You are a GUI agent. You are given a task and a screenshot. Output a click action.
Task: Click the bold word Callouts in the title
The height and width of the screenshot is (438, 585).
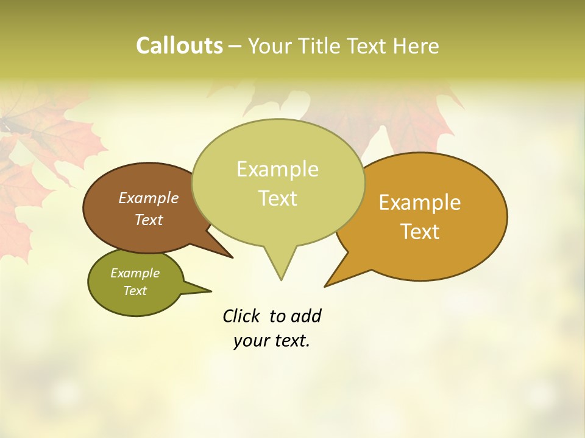(x=179, y=46)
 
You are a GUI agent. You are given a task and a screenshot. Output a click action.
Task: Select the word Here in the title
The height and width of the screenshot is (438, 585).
(x=417, y=46)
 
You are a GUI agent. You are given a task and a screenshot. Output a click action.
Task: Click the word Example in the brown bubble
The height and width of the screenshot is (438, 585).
(x=149, y=198)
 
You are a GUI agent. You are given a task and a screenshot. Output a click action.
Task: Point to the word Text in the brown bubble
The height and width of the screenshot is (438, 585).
(x=149, y=220)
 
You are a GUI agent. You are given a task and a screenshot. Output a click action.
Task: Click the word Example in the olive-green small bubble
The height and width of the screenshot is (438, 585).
(x=135, y=273)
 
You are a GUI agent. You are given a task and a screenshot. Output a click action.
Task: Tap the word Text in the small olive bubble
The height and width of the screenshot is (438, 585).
(x=135, y=291)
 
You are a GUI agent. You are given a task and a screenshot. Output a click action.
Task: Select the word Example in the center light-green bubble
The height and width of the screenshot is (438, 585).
(x=277, y=169)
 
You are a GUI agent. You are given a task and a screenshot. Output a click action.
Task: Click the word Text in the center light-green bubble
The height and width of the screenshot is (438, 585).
(x=277, y=198)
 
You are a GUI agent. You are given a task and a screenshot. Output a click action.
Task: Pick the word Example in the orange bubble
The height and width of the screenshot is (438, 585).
(x=420, y=203)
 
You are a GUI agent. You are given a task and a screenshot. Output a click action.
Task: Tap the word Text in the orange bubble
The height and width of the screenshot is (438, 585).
(x=420, y=232)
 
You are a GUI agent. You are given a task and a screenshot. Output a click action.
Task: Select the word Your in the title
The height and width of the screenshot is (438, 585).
(x=271, y=46)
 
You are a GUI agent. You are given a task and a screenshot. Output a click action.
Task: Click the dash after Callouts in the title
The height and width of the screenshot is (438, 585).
(x=236, y=46)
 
